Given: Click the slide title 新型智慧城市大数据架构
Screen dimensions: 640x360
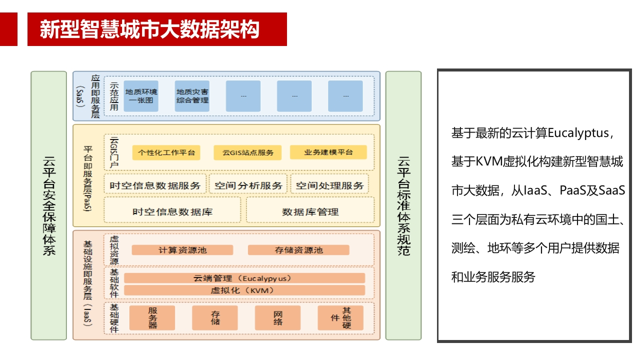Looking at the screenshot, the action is click(149, 29).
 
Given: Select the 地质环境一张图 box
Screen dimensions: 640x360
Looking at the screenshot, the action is click(141, 96).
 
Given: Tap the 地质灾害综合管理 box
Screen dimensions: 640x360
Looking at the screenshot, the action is click(192, 96).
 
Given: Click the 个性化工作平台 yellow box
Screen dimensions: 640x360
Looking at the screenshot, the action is click(166, 152).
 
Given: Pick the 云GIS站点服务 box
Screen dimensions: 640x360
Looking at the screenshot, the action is click(247, 152).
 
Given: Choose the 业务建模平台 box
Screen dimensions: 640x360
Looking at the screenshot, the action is click(328, 152).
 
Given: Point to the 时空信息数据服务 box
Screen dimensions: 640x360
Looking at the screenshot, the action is click(155, 185).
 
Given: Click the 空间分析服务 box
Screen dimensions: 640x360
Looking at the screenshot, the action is click(248, 185).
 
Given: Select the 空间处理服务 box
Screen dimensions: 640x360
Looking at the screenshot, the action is click(329, 185).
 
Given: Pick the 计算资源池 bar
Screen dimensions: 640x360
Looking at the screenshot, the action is click(182, 250).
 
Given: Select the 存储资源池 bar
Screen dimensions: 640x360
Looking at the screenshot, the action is click(298, 250).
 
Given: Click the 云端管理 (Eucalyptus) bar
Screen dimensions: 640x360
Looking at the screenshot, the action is click(244, 278).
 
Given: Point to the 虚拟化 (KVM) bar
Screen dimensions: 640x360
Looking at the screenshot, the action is click(244, 290).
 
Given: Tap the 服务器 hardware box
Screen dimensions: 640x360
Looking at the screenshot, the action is click(152, 318).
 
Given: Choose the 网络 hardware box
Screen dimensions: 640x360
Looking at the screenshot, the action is click(277, 318).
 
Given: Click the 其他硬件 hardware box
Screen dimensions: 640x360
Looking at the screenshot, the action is click(340, 318).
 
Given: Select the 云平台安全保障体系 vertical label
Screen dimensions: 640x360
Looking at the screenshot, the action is click(49, 205).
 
